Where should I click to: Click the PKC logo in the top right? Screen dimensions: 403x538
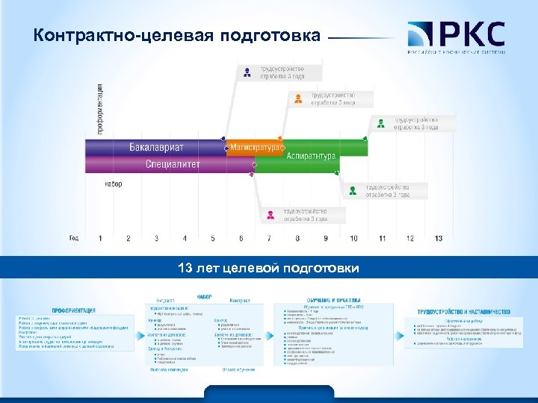(x=456, y=37)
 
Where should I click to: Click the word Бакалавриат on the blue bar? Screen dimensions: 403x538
(x=156, y=147)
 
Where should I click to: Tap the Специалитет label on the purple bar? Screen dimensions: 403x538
(x=173, y=164)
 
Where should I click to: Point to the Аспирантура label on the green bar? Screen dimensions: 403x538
(x=312, y=157)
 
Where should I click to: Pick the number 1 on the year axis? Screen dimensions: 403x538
(x=100, y=238)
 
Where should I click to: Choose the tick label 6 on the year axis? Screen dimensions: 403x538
(x=241, y=238)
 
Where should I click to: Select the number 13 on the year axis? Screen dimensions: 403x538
(x=438, y=238)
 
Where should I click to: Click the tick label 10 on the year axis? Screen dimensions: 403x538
(x=353, y=238)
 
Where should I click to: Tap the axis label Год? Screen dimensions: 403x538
(x=74, y=238)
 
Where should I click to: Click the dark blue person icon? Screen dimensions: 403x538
(x=247, y=72)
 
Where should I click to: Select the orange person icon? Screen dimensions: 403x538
(x=298, y=99)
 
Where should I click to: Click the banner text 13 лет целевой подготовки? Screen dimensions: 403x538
(x=268, y=268)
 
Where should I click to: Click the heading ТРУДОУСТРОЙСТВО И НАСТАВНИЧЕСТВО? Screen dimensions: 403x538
(x=463, y=311)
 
